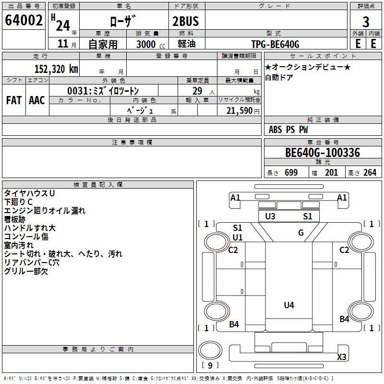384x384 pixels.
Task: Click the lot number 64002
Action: click(x=24, y=21)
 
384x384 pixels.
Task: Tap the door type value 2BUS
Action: click(x=186, y=21)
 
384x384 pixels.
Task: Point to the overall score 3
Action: click(x=366, y=22)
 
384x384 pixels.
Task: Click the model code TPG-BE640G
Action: click(x=275, y=44)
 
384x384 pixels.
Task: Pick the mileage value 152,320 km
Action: click(x=56, y=69)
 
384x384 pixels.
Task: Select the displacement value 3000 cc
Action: click(x=150, y=44)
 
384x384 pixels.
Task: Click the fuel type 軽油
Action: click(x=186, y=44)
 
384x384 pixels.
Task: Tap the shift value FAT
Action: click(x=13, y=100)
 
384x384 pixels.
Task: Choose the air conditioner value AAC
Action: click(x=37, y=100)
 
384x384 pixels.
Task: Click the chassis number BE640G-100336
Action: click(x=322, y=153)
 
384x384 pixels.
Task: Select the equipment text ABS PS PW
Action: click(x=288, y=130)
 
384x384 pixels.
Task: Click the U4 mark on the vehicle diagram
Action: click(x=289, y=305)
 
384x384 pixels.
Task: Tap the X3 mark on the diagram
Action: click(x=342, y=357)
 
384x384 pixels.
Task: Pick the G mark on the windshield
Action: click(x=301, y=233)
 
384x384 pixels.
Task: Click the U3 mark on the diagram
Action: click(x=270, y=216)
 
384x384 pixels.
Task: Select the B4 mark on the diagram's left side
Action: click(x=234, y=324)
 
